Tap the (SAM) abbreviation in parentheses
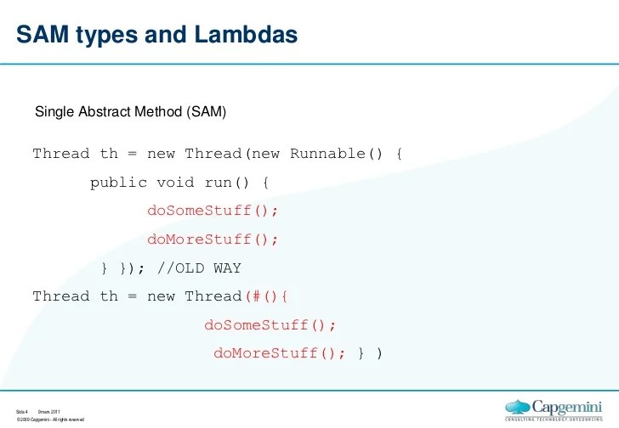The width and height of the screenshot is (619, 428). pyautogui.click(x=207, y=111)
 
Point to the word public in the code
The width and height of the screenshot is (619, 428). pyautogui.click(x=118, y=183)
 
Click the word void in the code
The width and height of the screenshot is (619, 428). pyautogui.click(x=175, y=183)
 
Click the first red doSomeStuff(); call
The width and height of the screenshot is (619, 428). pyautogui.click(x=213, y=211)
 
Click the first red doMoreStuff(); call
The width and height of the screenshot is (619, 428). pyautogui.click(x=213, y=239)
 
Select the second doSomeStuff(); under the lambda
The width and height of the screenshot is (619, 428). pyautogui.click(x=270, y=325)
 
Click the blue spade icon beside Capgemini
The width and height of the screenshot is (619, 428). pyautogui.click(x=519, y=406)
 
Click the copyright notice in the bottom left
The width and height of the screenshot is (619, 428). pyautogui.click(x=50, y=420)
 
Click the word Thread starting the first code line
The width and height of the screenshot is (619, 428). pyautogui.click(x=60, y=154)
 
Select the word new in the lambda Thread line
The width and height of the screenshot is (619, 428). pyautogui.click(x=161, y=296)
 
